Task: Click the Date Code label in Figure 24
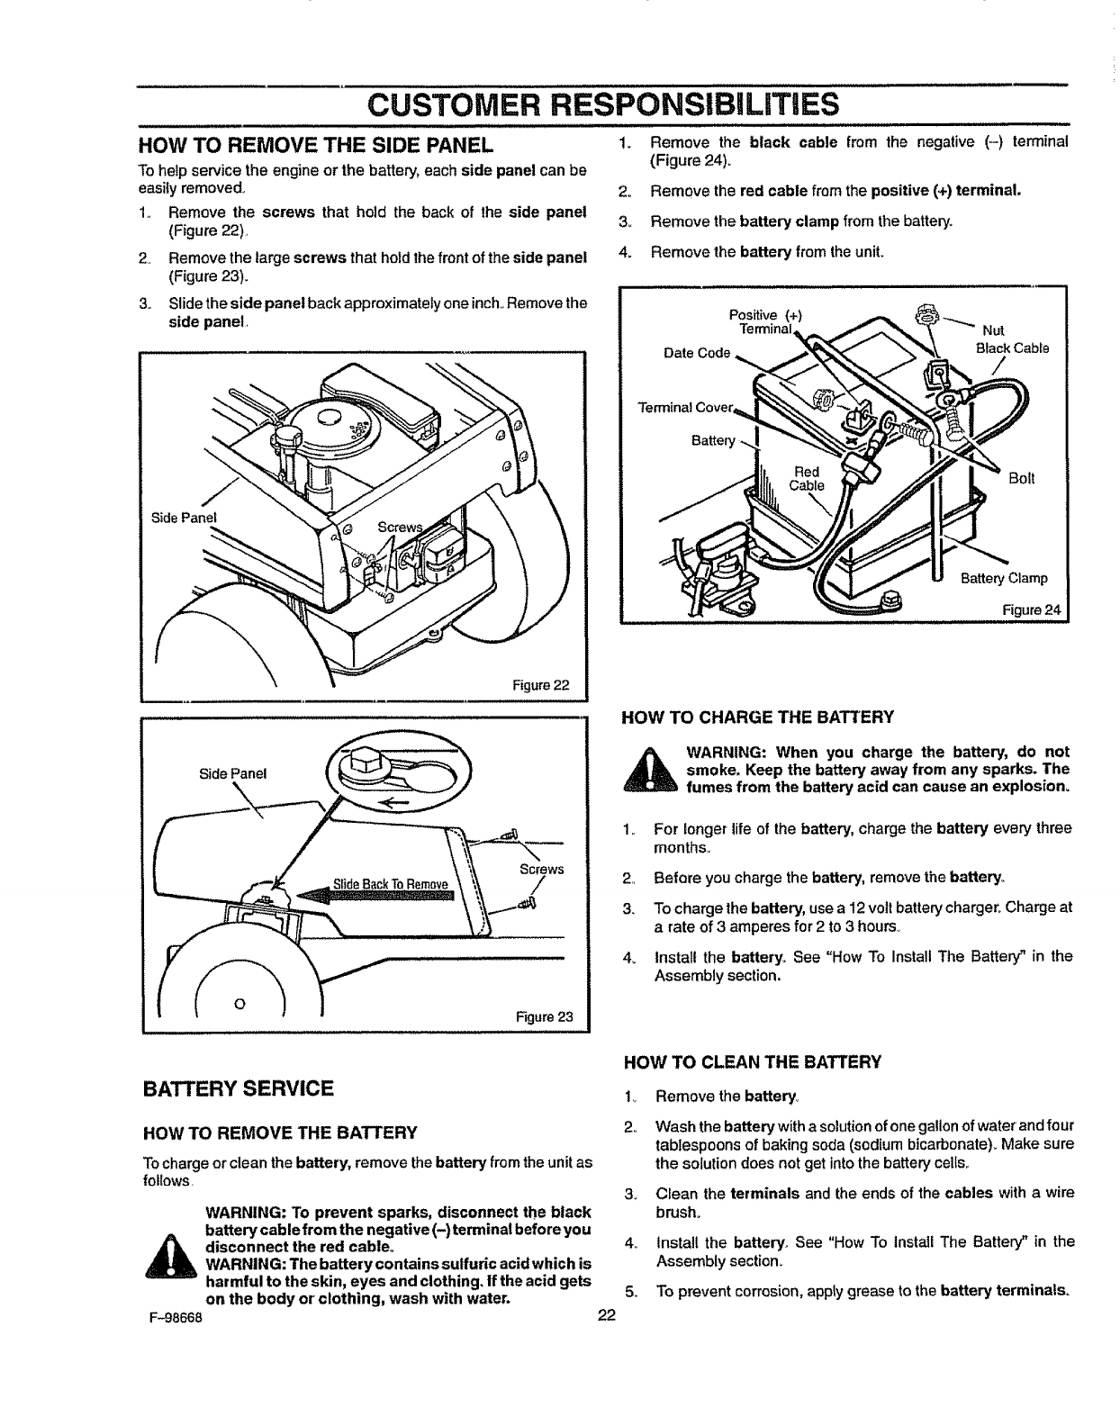pos(696,353)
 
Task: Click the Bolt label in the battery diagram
pos(1021,479)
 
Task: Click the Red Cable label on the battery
pos(807,478)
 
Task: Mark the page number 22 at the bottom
pos(605,1315)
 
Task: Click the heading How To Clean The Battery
pos(751,1062)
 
